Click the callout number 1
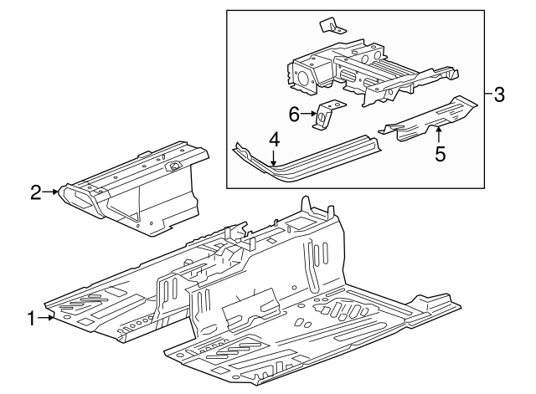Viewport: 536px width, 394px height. tap(31, 318)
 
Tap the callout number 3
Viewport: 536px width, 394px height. tap(500, 95)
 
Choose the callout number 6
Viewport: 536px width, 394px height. tap(294, 115)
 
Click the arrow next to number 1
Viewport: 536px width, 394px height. tap(47, 318)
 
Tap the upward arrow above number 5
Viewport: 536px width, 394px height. tap(438, 133)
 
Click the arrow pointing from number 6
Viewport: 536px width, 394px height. tap(308, 115)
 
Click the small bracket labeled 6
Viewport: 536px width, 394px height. tap(326, 115)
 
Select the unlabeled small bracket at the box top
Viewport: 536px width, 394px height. tap(332, 26)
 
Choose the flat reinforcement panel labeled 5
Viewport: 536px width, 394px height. tap(427, 118)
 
